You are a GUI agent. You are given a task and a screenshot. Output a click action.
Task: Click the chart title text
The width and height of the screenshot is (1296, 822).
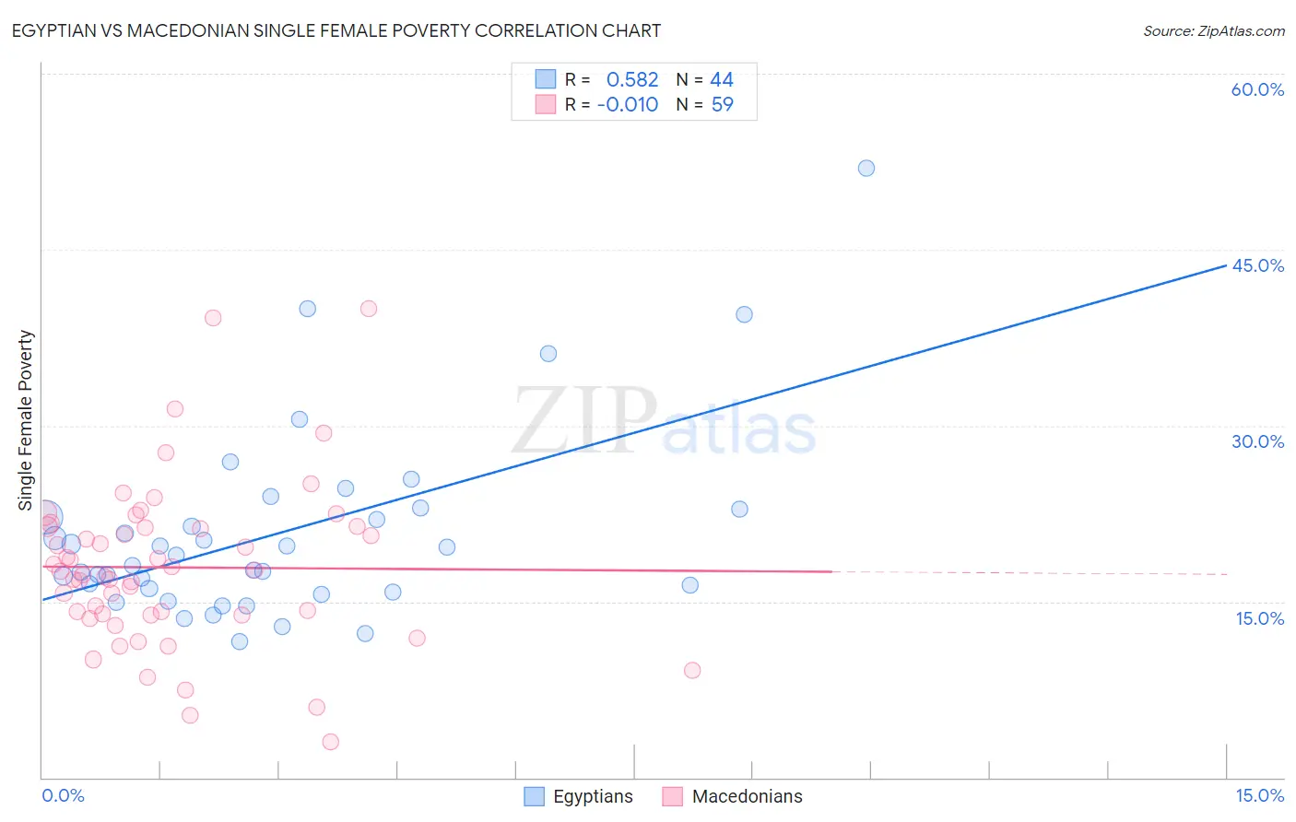pyautogui.click(x=336, y=30)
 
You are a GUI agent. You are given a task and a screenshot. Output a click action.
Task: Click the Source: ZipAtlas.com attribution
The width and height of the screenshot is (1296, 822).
pyautogui.click(x=1213, y=30)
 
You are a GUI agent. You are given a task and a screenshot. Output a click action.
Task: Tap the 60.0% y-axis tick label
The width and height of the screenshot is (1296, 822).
pyautogui.click(x=1257, y=89)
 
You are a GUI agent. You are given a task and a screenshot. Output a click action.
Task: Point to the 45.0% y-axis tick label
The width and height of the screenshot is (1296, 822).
pyautogui.click(x=1257, y=265)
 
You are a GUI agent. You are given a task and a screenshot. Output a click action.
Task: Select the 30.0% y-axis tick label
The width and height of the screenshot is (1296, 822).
pyautogui.click(x=1257, y=441)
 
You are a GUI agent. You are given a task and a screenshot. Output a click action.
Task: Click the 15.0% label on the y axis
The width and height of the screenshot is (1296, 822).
pyautogui.click(x=1259, y=618)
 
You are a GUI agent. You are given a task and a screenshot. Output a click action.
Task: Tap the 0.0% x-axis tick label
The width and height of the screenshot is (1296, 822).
pyautogui.click(x=64, y=795)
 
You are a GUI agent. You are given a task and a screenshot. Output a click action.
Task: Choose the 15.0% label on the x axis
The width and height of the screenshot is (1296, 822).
pyautogui.click(x=1259, y=795)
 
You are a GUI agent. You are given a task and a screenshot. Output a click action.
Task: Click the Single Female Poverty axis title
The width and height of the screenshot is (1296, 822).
pyautogui.click(x=26, y=420)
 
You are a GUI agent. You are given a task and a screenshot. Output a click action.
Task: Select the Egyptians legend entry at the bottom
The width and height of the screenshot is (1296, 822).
pyautogui.click(x=579, y=796)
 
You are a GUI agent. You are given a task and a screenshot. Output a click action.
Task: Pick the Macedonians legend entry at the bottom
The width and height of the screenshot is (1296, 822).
pyautogui.click(x=733, y=796)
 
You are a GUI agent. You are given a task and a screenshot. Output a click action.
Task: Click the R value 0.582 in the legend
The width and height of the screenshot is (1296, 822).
pyautogui.click(x=631, y=80)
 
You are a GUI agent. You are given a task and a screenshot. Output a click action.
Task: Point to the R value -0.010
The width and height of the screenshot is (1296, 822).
pyautogui.click(x=628, y=105)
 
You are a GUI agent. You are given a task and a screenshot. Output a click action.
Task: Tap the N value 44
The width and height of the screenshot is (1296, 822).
pyautogui.click(x=722, y=80)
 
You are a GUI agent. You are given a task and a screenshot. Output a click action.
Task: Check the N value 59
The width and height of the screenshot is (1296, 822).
pyautogui.click(x=722, y=105)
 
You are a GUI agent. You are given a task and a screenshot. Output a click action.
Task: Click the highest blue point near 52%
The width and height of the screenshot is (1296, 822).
pyautogui.click(x=866, y=168)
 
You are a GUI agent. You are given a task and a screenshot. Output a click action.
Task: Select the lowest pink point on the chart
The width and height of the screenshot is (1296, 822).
pyautogui.click(x=331, y=742)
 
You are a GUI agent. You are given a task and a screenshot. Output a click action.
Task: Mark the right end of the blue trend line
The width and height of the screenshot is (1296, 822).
pyautogui.click(x=1226, y=265)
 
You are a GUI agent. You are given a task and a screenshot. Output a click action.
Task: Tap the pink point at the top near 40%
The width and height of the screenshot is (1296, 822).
pyautogui.click(x=369, y=309)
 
